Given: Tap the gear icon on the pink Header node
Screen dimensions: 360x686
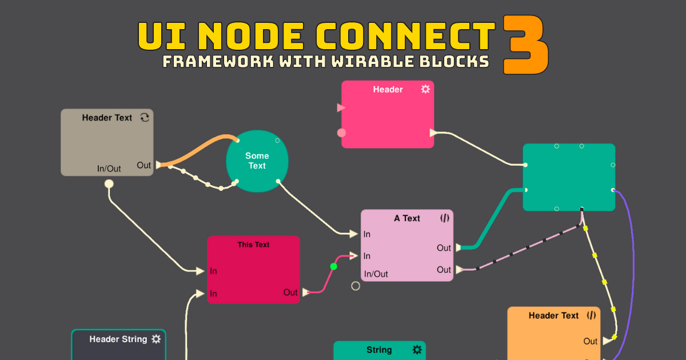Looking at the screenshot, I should coord(425,89).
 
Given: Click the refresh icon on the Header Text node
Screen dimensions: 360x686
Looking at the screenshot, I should coord(145,117).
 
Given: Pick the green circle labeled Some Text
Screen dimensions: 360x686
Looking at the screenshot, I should coord(257,161).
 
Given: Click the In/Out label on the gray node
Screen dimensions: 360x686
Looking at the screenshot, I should coord(109,169).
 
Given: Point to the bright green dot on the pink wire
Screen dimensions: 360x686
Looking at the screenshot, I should coord(333,266).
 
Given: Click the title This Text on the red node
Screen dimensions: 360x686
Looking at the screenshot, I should coord(253,245).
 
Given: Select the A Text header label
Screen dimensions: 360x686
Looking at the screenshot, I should coord(407,218).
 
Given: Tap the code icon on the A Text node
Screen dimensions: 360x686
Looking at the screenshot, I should coord(445,218).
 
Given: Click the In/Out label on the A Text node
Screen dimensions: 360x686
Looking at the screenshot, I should coord(376,274).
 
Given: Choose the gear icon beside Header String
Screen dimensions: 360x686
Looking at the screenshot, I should coord(156,339).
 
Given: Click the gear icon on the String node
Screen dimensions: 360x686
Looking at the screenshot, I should coord(417,349).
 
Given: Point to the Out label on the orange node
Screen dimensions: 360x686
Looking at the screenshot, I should coord(591,341).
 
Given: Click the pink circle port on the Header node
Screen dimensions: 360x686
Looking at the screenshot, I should coord(342,133).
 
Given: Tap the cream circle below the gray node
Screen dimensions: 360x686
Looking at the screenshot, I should coord(109,183).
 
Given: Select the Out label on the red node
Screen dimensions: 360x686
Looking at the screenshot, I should coord(290,292).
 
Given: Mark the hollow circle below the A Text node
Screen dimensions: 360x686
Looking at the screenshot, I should coord(356,286).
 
